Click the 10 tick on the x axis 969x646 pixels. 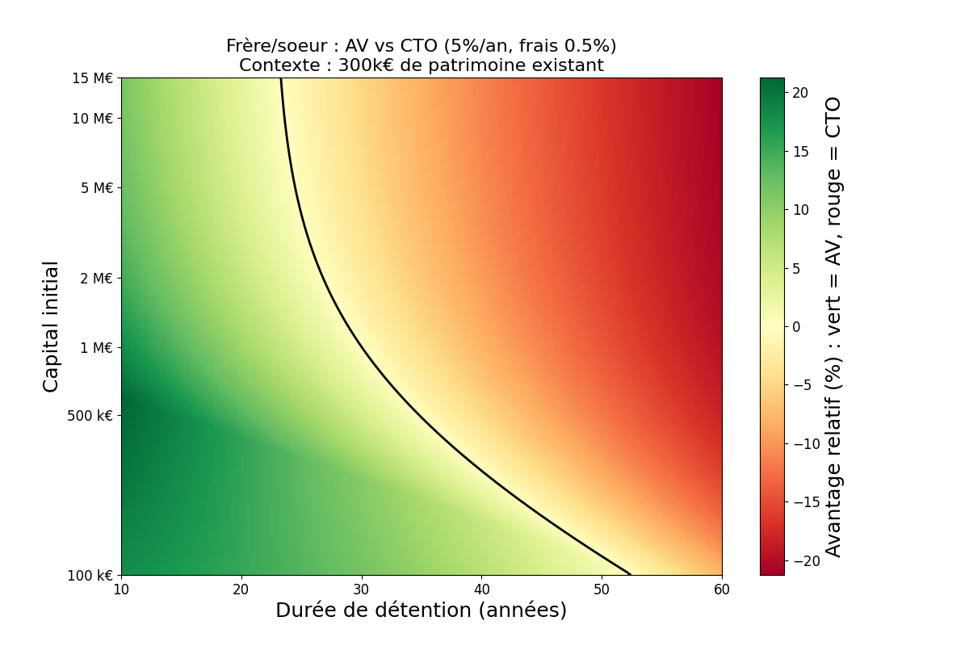121,590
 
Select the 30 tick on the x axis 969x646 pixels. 361,590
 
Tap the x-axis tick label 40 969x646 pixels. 481,590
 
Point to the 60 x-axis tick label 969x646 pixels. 722,590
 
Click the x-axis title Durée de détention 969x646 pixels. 421,611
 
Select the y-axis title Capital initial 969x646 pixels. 51,326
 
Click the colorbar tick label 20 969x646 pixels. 800,93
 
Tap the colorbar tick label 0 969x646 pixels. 796,327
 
